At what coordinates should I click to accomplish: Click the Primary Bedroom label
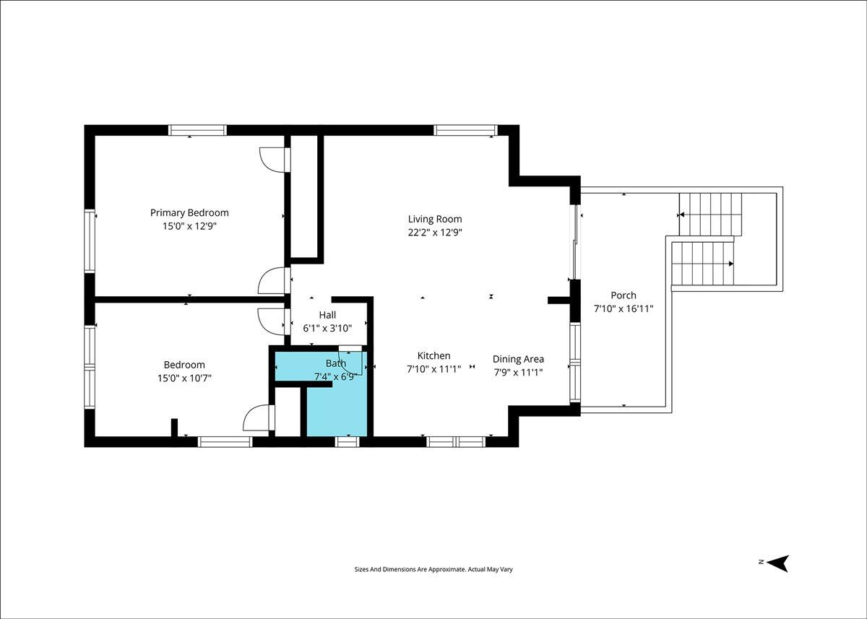coord(189,213)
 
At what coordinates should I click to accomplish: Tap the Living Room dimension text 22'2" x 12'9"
coord(435,233)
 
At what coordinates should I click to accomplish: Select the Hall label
coord(327,315)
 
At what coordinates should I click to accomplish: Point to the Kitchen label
coord(434,355)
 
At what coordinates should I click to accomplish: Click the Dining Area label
coord(518,360)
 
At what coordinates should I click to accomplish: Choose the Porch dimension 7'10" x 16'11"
coord(624,308)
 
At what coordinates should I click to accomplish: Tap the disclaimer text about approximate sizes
coord(433,569)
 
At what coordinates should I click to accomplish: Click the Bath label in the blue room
coord(336,363)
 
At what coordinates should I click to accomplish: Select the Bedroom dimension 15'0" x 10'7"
coord(184,378)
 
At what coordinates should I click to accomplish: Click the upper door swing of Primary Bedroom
coord(275,160)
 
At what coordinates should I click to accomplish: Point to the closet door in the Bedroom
coord(259,417)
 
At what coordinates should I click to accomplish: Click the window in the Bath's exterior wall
coord(348,441)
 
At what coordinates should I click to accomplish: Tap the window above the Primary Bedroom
coord(197,130)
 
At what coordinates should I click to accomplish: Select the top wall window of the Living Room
coord(465,130)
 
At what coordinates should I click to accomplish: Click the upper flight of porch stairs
coord(710,215)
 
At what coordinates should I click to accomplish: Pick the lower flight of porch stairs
coord(702,264)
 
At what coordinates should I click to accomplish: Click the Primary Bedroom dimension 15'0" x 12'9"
coord(189,226)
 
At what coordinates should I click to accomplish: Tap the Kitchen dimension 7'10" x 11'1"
coord(434,370)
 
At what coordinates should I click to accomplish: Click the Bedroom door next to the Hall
coord(274,321)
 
